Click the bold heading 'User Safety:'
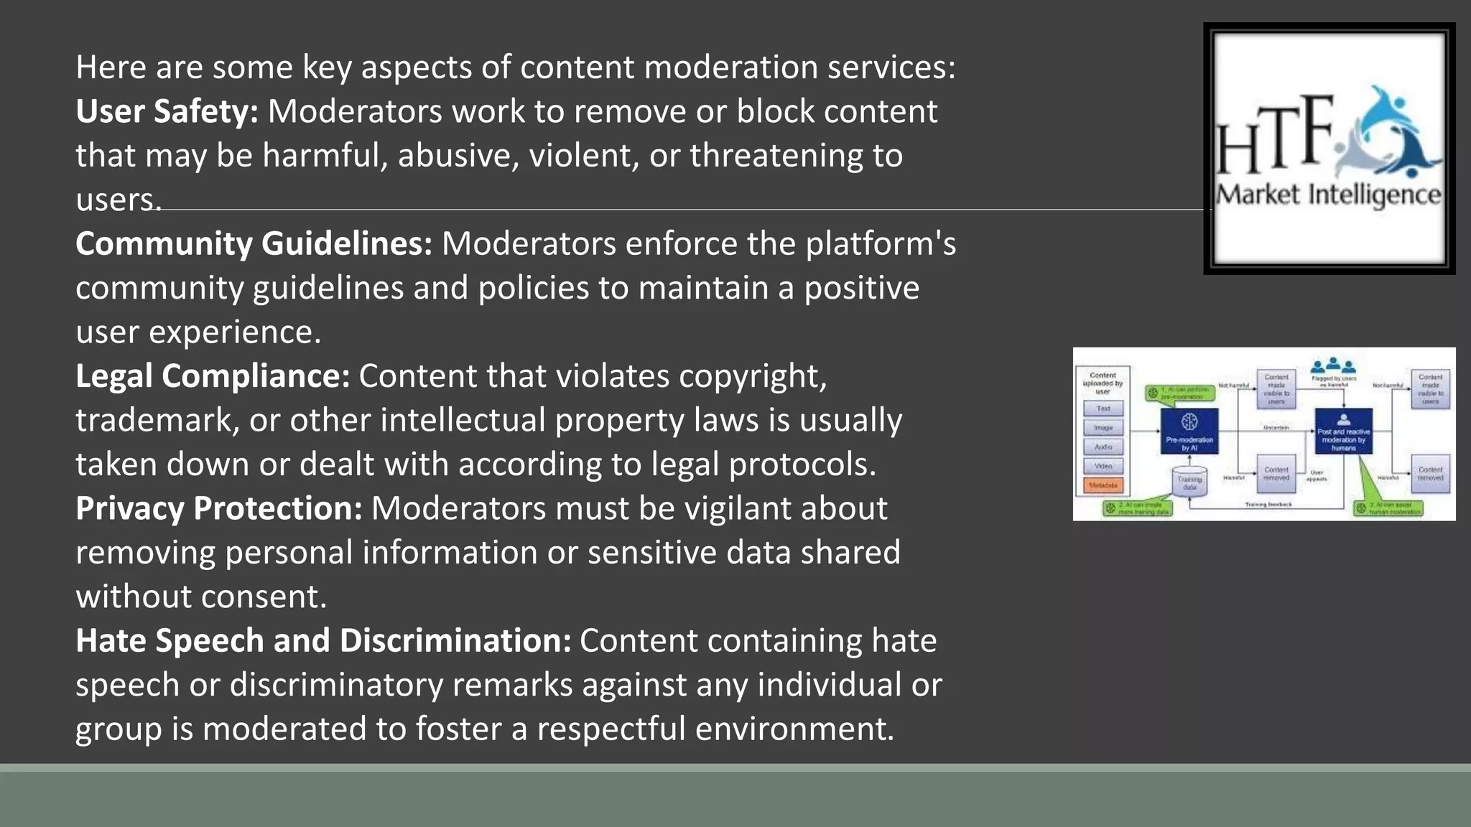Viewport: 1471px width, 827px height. pos(167,111)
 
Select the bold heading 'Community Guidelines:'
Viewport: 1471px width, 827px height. pos(254,243)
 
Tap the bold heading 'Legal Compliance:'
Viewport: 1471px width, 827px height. pos(212,375)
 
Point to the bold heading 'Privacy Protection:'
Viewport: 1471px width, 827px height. pos(218,508)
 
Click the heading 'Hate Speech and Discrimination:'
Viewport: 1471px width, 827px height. pos(323,640)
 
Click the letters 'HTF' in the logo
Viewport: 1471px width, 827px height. pos(1273,137)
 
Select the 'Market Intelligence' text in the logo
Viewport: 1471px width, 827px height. pos(1328,195)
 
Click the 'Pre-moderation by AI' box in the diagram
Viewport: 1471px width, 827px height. pos(1189,431)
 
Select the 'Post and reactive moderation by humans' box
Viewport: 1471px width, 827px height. pos(1343,431)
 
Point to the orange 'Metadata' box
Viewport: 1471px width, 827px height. pos(1103,485)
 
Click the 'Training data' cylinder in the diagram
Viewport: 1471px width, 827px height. pos(1189,482)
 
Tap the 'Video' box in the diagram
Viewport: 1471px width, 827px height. pos(1103,466)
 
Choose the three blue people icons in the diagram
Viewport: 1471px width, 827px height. pos(1333,365)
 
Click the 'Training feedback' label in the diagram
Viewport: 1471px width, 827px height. pos(1268,505)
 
